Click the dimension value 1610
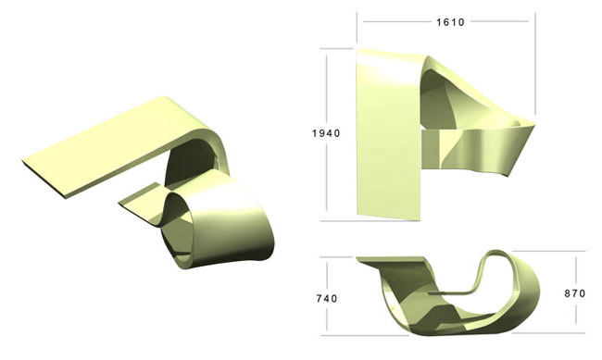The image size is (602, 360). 450,22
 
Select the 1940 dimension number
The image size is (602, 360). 326,133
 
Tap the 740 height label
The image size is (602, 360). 327,298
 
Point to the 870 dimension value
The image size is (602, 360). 575,293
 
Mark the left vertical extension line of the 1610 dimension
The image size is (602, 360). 357,27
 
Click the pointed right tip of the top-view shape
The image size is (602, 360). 534,124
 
